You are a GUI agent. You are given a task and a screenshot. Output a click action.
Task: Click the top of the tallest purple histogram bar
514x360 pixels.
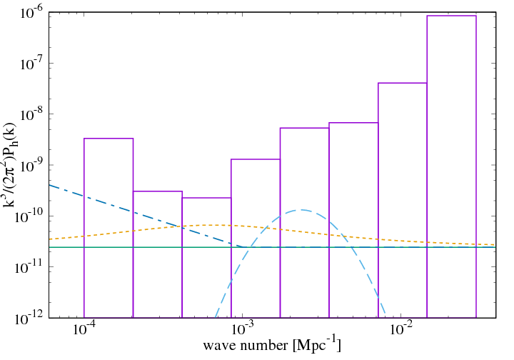pyautogui.click(x=451, y=16)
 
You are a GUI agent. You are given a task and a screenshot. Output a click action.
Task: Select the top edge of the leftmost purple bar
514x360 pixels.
pyautogui.click(x=109, y=139)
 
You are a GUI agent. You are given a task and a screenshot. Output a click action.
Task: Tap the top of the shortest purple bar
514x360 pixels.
pyautogui.click(x=206, y=197)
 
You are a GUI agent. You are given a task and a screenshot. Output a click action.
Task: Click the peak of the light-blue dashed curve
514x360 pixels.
pyautogui.click(x=303, y=210)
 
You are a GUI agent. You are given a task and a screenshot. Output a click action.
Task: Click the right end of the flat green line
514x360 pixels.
pyautogui.click(x=496, y=247)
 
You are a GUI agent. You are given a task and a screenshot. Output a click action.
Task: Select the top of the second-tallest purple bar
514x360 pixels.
pyautogui.click(x=402, y=83)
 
